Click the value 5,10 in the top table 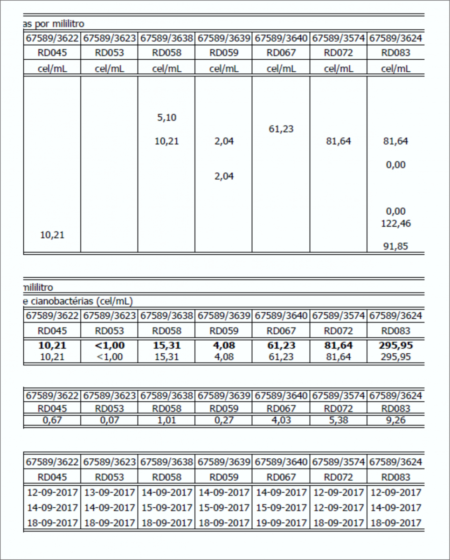click(166, 118)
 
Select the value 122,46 click(395, 223)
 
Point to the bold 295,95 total click(395, 346)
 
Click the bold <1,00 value click(109, 346)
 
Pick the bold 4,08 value click(223, 346)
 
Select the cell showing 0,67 click(52, 420)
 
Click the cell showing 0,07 click(109, 420)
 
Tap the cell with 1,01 click(166, 420)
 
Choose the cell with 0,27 click(223, 420)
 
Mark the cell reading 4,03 click(281, 420)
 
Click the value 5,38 click(338, 420)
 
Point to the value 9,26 click(395, 420)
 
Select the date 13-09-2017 click(109, 492)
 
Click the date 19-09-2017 click(281, 523)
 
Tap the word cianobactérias click(61, 301)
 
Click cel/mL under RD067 click(281, 69)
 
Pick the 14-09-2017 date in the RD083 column click(395, 508)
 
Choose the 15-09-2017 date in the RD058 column click(166, 508)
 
